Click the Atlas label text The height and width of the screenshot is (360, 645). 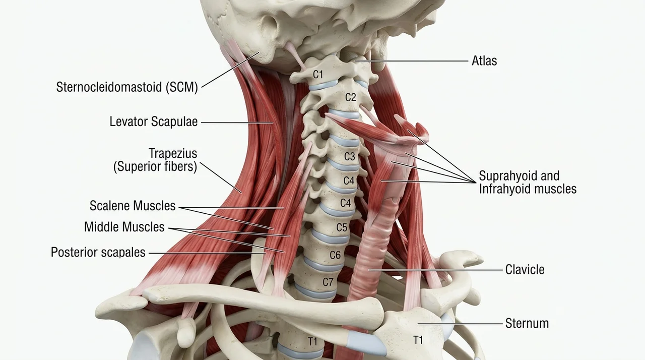click(484, 61)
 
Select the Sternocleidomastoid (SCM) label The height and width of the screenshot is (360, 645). click(127, 87)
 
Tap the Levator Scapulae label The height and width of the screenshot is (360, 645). click(154, 122)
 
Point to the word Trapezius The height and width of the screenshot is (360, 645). click(173, 153)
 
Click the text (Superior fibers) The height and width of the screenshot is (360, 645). click(155, 166)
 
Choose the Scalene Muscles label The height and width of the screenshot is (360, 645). click(133, 206)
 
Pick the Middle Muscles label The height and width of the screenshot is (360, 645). click(124, 227)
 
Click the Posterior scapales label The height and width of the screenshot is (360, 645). click(98, 252)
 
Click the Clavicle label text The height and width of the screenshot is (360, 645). click(525, 270)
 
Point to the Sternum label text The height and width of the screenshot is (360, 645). click(527, 323)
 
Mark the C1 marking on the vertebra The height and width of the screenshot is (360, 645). click(318, 75)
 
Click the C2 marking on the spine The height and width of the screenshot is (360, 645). click(350, 97)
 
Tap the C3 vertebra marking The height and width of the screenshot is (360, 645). click(350, 156)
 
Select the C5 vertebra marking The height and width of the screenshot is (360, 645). click(342, 227)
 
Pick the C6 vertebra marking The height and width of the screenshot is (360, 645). click(335, 255)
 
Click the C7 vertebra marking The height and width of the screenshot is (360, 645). click(328, 282)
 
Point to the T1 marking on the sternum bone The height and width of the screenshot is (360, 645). click(418, 340)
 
